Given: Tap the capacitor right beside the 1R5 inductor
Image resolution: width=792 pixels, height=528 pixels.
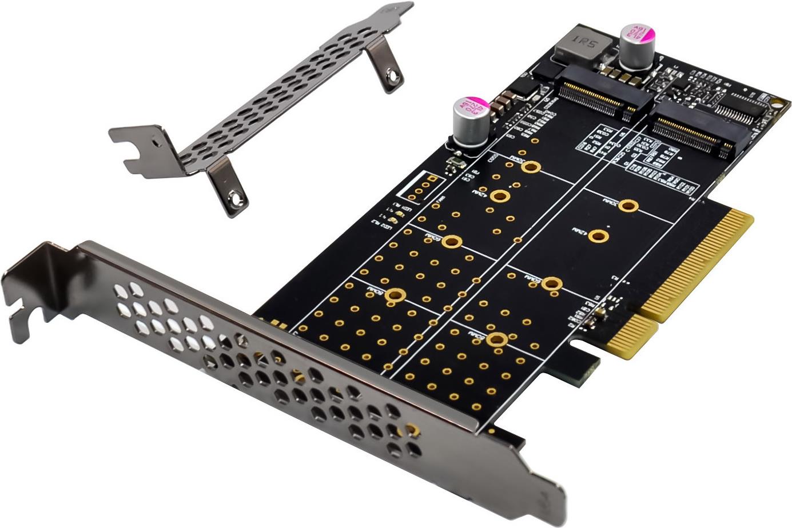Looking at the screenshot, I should point(636,45).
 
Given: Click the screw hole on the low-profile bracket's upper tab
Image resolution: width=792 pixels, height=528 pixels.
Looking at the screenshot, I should point(393,74).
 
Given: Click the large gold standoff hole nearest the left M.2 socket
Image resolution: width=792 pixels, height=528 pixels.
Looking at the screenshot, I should point(531,166).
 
